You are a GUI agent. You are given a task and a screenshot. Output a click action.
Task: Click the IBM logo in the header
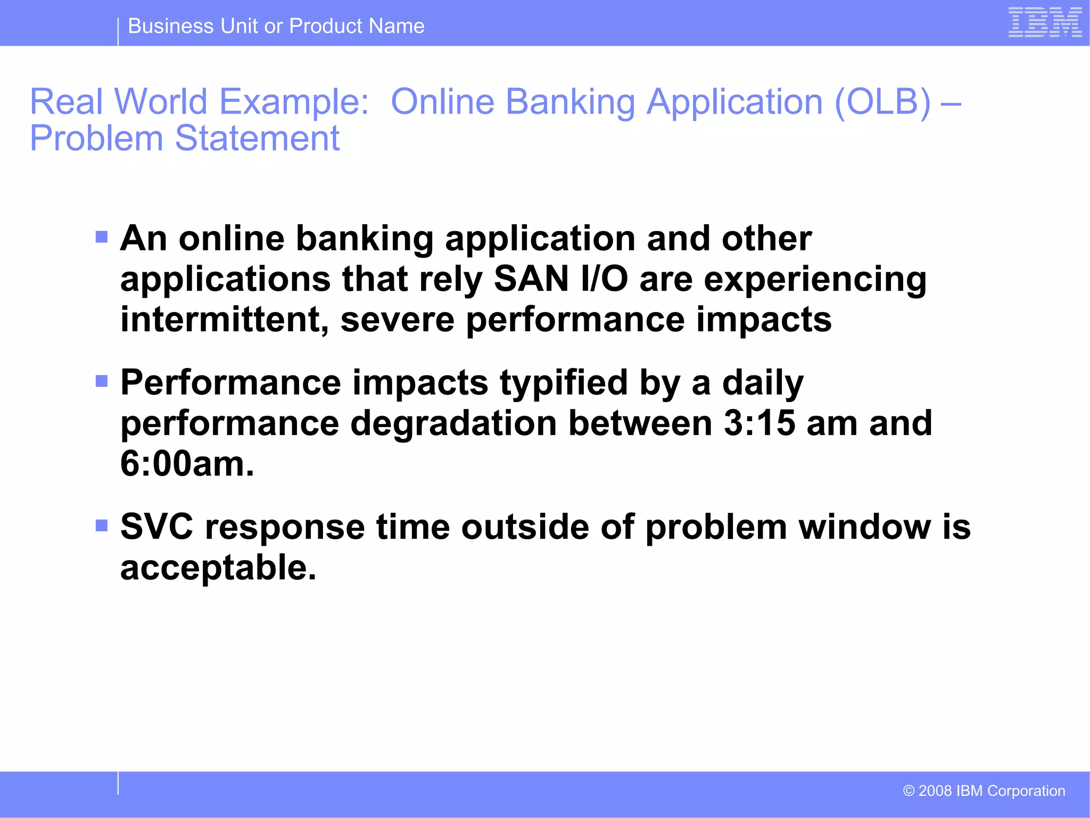pos(1045,22)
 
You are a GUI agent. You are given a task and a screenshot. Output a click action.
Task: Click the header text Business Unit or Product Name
pos(276,26)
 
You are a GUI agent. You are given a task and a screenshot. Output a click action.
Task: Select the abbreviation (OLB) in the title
pos(882,101)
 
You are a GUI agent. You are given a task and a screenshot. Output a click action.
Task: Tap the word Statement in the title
pos(257,138)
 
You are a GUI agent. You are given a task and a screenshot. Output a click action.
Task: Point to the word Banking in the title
pos(570,101)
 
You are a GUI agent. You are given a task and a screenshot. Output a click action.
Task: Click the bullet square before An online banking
pos(102,236)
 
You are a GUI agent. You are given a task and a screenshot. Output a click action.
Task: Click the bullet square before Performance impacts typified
pos(102,381)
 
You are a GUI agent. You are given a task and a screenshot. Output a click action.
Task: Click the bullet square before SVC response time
pos(102,526)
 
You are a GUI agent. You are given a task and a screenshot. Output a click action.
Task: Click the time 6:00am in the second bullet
pos(187,464)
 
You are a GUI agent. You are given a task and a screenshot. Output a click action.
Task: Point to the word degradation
pos(453,423)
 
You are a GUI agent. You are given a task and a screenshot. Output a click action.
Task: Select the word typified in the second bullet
pos(564,383)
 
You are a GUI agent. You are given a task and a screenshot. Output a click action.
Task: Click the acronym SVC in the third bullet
pos(156,527)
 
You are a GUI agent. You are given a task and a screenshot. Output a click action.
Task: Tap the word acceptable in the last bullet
pos(218,568)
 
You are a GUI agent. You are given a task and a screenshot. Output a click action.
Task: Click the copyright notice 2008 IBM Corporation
pos(984,791)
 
